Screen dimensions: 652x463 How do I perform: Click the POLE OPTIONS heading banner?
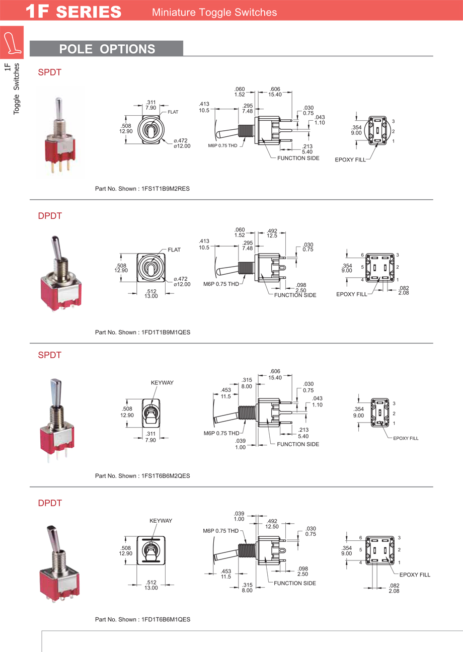[x=107, y=49]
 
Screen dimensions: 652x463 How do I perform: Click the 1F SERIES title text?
[x=73, y=11]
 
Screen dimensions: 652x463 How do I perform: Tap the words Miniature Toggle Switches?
[x=214, y=12]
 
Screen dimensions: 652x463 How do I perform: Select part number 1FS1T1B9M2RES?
[x=165, y=189]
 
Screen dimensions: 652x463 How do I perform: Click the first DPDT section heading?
[x=50, y=216]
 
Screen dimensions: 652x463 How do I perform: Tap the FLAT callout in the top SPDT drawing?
[x=173, y=112]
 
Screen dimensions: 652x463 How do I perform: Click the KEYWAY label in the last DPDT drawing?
[x=161, y=521]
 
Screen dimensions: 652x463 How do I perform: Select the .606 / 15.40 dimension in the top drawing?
[x=275, y=92]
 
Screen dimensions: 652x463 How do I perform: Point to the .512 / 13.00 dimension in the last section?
[x=151, y=585]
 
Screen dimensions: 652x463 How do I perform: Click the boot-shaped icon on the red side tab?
[x=12, y=42]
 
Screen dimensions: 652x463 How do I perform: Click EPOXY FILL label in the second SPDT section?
[x=406, y=438]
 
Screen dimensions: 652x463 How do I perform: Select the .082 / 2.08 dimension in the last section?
[x=394, y=588]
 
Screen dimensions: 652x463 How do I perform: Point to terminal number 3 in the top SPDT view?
[x=393, y=122]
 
